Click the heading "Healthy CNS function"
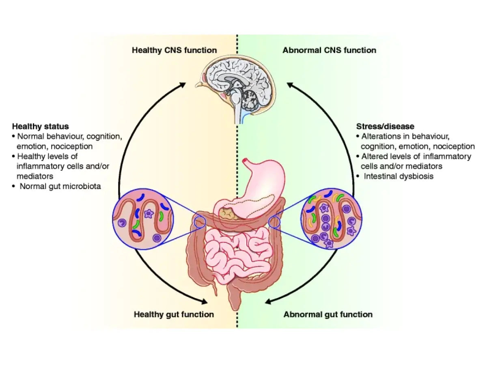[x=174, y=50]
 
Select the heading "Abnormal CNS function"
[x=329, y=50]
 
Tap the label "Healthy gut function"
[x=174, y=314]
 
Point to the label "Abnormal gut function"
[x=328, y=314]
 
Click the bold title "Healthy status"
[x=40, y=126]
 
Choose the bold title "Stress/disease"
[x=385, y=126]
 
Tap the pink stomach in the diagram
[x=260, y=182]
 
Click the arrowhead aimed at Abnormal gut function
[x=268, y=302]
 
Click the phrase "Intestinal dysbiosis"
[x=399, y=176]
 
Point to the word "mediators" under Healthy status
[x=35, y=176]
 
